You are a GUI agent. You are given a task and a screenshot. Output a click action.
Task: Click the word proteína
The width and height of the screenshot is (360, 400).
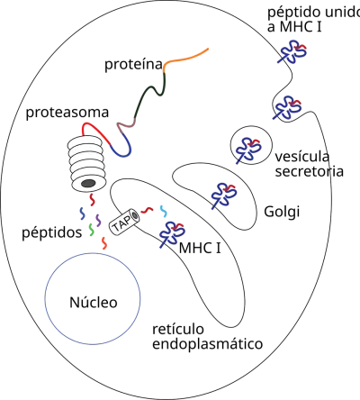coord(133,64)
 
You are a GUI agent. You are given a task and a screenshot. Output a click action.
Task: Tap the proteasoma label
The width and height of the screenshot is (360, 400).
coord(67,113)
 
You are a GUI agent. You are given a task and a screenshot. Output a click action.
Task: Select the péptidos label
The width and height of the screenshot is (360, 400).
coord(52,233)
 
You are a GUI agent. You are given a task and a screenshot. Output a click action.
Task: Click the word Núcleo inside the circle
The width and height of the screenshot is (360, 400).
coord(94,303)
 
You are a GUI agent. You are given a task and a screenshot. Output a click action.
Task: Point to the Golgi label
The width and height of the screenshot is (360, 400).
coord(282,212)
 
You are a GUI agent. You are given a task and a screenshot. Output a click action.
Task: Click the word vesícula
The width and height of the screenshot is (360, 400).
coord(302,157)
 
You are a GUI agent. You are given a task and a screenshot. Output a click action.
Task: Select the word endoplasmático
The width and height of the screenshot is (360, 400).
coord(208,344)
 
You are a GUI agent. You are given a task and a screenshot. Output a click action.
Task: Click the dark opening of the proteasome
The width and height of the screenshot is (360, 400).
coord(88,183)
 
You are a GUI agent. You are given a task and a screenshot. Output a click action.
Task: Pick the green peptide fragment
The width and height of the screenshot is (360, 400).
coord(92,230)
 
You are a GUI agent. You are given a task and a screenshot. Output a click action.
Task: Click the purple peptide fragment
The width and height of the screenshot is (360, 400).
coord(98,221)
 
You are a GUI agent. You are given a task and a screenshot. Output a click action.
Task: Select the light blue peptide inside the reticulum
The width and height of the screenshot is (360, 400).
coord(163,211)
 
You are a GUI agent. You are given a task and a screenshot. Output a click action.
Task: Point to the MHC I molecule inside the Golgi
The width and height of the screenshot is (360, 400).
coord(223,196)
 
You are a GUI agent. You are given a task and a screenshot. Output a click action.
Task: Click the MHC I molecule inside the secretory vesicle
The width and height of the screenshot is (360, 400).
coord(247,150)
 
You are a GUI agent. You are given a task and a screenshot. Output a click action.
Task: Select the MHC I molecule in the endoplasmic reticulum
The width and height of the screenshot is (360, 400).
coord(172,234)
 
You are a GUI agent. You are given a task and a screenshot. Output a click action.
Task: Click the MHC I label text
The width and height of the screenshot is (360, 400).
coord(200,249)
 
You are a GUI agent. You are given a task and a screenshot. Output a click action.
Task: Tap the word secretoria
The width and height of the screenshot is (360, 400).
coord(310,171)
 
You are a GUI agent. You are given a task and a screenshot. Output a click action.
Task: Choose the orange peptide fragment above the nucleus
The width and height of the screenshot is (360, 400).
coord(104,243)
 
